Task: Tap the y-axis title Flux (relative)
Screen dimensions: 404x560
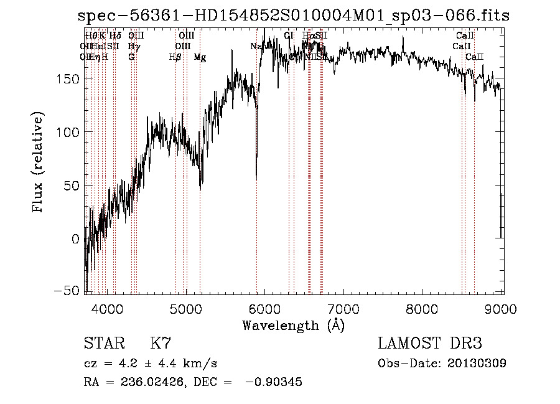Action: [x=39, y=163]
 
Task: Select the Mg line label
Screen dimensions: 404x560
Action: [x=200, y=57]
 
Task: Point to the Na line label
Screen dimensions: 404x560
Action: [x=256, y=46]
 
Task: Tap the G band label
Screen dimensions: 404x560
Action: [x=131, y=57]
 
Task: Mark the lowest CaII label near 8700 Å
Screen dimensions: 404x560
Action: [x=475, y=57]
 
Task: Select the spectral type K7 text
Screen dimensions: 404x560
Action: [x=161, y=344]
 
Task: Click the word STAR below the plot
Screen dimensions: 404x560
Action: [x=103, y=344]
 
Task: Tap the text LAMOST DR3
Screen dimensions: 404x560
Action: [x=429, y=344]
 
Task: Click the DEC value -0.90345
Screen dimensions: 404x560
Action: [x=274, y=382]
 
